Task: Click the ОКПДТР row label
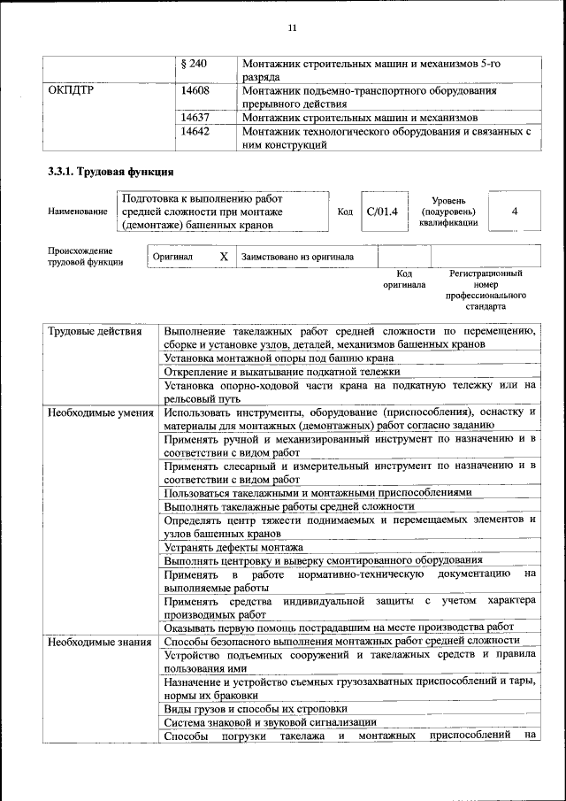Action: (x=71, y=90)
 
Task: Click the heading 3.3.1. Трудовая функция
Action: (x=110, y=172)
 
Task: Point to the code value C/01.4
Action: (x=382, y=212)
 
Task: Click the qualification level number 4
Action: (x=514, y=212)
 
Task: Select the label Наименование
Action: (x=79, y=212)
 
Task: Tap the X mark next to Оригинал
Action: (x=224, y=257)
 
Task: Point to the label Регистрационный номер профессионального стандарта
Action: (x=486, y=290)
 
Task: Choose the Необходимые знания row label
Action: (x=99, y=640)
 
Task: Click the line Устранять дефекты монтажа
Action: (x=233, y=547)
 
